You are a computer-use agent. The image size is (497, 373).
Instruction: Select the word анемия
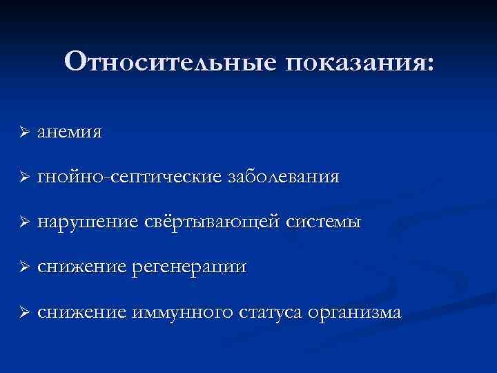[x=70, y=132]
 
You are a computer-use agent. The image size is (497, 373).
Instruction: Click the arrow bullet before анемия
[x=23, y=132]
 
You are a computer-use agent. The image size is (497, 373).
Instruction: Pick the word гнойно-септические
[x=130, y=178]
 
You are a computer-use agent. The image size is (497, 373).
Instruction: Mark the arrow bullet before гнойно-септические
[x=23, y=178]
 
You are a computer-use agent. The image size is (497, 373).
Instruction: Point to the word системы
[x=323, y=222]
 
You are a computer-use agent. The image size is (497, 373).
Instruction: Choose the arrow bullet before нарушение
[x=23, y=222]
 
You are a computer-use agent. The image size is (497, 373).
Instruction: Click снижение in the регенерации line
[x=81, y=267]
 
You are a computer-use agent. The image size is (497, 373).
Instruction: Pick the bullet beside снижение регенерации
[x=23, y=267]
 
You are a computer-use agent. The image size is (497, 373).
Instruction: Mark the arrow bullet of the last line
[x=23, y=312]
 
